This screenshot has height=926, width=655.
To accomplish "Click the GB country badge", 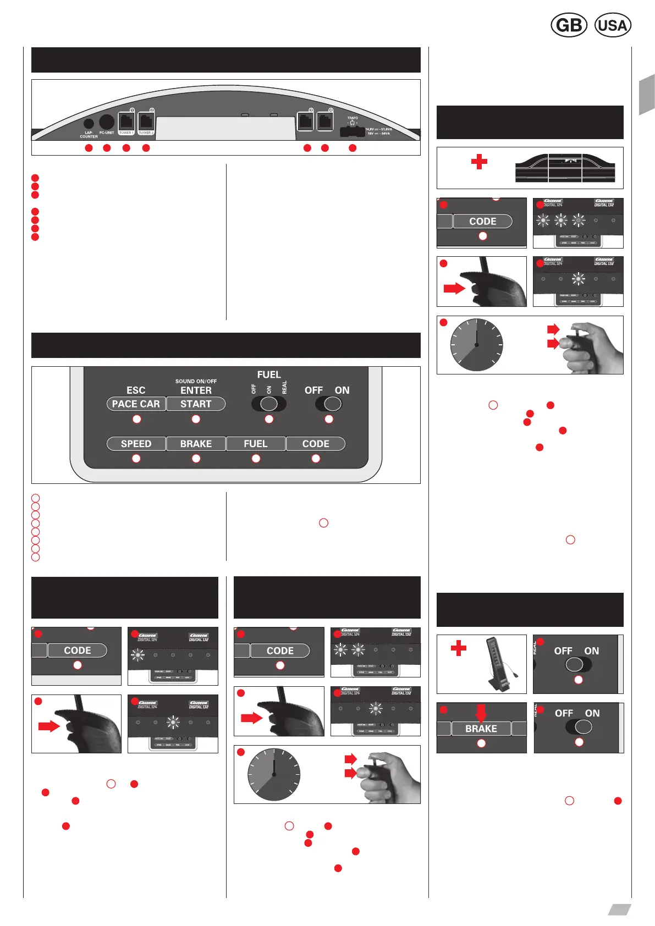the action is (569, 25).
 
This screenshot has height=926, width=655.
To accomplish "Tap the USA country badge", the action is (613, 25).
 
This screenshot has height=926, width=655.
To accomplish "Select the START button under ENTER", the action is (196, 404).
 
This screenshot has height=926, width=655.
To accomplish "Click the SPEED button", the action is (136, 444).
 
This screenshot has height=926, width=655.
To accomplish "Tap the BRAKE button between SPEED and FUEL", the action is (196, 444).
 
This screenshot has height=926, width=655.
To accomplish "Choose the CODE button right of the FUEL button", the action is (316, 444).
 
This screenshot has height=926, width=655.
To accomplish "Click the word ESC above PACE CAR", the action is (136, 390).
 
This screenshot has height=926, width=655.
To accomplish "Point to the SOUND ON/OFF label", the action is (196, 381).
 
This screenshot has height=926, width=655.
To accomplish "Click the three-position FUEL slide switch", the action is (268, 404).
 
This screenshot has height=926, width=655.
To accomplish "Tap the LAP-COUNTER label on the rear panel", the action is (89, 134).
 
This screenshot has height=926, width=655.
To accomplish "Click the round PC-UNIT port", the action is (106, 122).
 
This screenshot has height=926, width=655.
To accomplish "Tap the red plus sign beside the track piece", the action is (479, 162).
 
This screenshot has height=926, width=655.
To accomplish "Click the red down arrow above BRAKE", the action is (481, 713).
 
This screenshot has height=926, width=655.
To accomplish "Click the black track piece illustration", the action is (565, 168).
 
